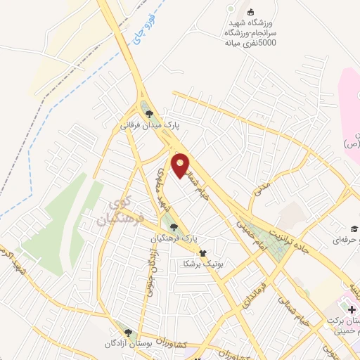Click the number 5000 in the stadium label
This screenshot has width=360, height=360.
point(267,43)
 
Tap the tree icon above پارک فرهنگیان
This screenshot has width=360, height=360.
point(174,226)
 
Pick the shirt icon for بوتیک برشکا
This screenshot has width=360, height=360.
point(202,253)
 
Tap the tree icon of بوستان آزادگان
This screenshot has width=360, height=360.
point(127,332)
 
